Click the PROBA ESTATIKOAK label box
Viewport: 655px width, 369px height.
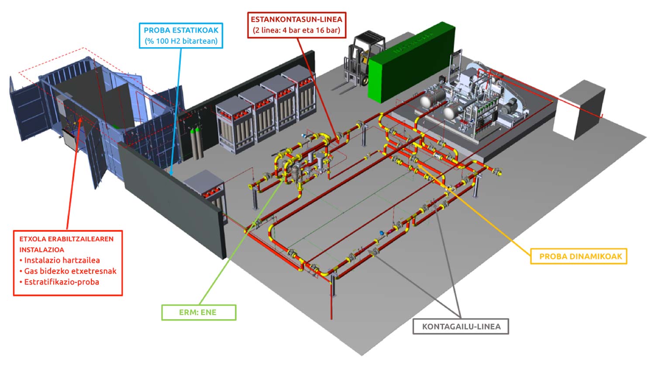tap(181, 35)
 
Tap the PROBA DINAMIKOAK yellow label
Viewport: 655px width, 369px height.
tap(579, 256)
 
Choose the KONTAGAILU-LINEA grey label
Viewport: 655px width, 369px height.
tap(461, 326)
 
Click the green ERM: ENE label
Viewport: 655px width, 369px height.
tap(198, 312)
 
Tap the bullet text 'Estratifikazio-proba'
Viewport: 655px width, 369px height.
tap(62, 282)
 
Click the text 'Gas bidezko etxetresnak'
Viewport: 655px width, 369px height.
tap(70, 271)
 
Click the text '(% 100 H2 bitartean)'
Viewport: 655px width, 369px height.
tap(181, 41)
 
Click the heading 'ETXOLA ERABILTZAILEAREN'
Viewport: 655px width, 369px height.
tap(66, 239)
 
